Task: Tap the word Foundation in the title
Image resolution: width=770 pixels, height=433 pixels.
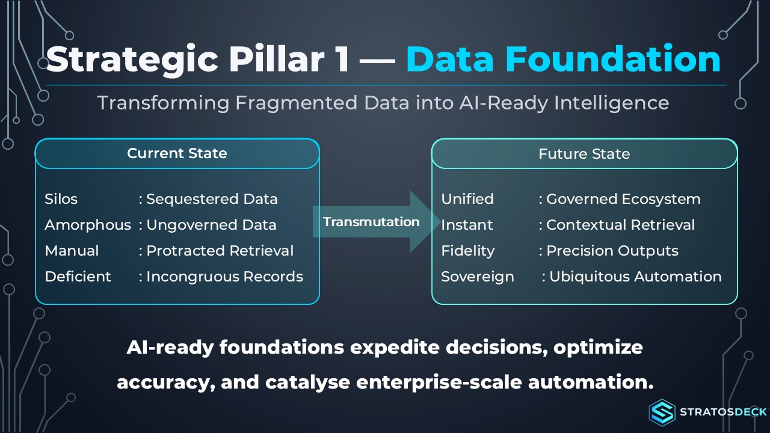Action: [612, 59]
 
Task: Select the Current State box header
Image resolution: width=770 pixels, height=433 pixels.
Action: [177, 153]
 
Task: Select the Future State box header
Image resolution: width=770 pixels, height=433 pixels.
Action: [584, 153]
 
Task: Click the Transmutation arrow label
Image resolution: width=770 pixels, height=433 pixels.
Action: [371, 222]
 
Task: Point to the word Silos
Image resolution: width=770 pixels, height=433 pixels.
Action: [61, 199]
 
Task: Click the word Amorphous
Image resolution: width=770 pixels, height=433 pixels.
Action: [88, 225]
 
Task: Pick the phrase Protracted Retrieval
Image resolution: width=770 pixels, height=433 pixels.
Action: [220, 251]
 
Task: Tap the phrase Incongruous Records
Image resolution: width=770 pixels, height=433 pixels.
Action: [225, 277]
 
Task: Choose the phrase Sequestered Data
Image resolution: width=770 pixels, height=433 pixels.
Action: [212, 199]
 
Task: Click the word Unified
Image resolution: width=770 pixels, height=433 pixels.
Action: [467, 199]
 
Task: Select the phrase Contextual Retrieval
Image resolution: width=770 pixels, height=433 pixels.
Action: [620, 225]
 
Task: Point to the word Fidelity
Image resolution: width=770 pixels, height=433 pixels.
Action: [468, 251]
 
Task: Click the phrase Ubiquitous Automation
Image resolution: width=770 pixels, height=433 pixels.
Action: [635, 277]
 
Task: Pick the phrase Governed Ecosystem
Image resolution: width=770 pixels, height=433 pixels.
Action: [623, 199]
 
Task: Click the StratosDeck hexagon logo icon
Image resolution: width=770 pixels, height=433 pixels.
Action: [662, 412]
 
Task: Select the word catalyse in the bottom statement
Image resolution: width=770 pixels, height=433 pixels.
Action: [307, 382]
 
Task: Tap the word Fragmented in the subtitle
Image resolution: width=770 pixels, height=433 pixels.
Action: [297, 103]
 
